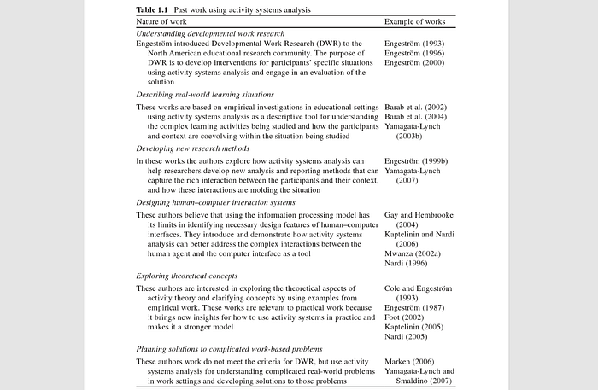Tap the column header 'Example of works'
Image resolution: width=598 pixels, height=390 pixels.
tap(416, 20)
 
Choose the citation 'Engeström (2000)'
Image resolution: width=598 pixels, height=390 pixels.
tap(416, 62)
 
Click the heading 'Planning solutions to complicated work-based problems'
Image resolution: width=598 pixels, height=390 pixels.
tap(229, 349)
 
